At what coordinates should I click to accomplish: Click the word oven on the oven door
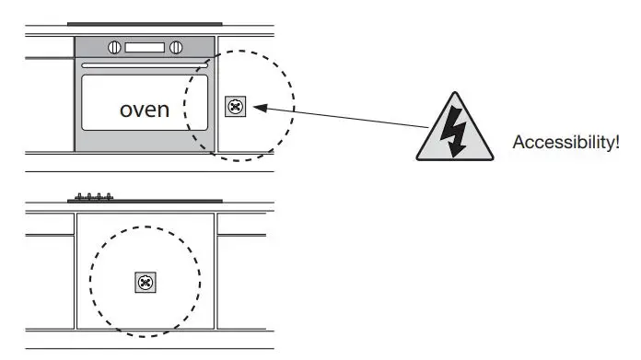point(146,110)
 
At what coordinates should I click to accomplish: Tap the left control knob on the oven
point(115,48)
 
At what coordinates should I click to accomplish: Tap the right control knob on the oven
point(177,48)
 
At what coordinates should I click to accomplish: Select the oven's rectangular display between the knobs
point(146,48)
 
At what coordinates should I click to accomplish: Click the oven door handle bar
point(145,66)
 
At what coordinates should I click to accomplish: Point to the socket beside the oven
point(235,108)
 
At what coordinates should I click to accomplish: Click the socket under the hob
point(145,283)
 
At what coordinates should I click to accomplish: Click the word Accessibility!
point(566,142)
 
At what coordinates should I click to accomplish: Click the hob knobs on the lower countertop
point(93,196)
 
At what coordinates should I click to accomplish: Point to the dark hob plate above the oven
point(145,25)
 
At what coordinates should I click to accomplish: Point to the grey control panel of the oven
point(145,48)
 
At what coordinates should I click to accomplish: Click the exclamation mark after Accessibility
point(616,142)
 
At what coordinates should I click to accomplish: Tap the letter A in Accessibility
point(518,142)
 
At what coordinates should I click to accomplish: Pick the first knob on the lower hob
point(78,196)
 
